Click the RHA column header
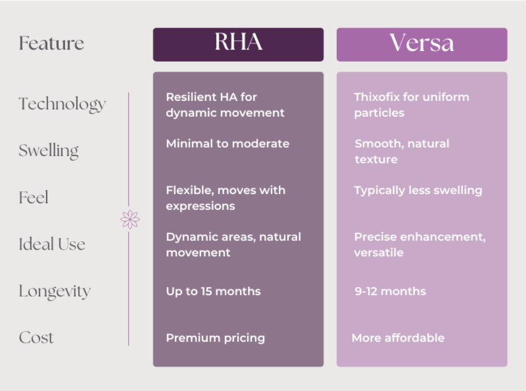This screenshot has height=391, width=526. point(238,44)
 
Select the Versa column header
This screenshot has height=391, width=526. point(421,44)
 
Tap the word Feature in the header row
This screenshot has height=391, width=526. point(51,43)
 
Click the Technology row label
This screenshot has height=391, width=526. point(62,104)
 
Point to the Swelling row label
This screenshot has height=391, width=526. point(49,151)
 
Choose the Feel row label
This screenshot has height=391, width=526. point(34,197)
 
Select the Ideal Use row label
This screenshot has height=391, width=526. point(52,244)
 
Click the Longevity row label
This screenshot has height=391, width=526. point(55,291)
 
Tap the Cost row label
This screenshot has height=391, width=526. point(36,338)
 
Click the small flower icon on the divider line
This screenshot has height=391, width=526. point(130,219)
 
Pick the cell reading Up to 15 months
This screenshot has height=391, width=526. point(214,291)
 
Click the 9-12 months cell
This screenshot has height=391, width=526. point(390,291)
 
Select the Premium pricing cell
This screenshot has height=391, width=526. point(215,338)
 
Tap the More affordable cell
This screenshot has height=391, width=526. point(398,338)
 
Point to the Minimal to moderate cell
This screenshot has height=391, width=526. point(228,144)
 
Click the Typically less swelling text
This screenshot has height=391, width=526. point(418,191)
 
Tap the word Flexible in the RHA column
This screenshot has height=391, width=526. point(190,191)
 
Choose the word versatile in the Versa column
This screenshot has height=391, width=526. point(379,253)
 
